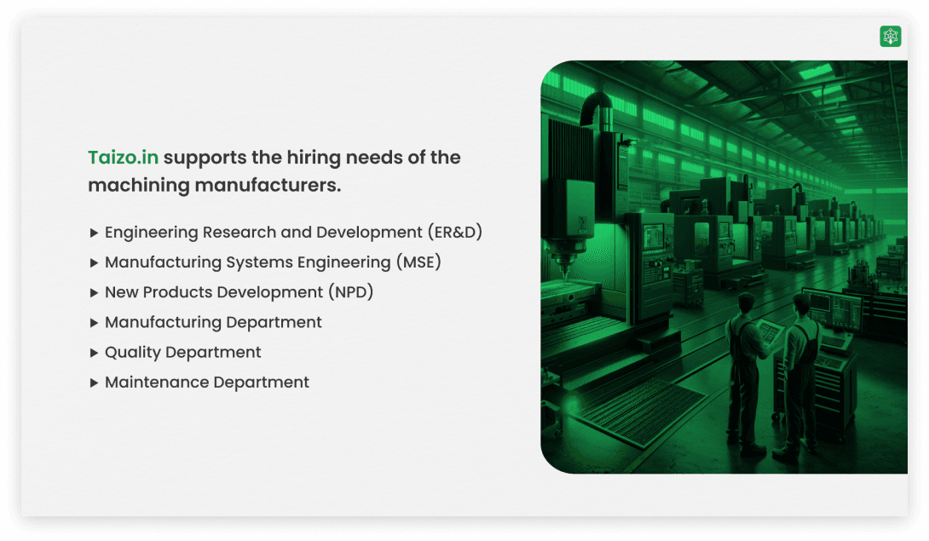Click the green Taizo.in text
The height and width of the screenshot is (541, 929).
click(x=124, y=157)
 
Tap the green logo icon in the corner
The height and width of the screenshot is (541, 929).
click(x=890, y=36)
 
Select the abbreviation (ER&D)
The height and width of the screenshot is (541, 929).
click(x=455, y=232)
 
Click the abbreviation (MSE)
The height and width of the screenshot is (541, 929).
click(x=418, y=262)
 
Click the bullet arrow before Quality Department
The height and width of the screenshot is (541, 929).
click(x=94, y=353)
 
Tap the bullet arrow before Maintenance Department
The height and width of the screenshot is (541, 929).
click(x=94, y=383)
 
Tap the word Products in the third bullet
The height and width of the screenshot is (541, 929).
click(x=177, y=292)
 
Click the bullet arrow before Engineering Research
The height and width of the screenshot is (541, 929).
click(x=94, y=233)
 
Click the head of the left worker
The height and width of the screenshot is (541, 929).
click(x=746, y=302)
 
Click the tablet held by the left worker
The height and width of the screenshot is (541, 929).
click(x=769, y=331)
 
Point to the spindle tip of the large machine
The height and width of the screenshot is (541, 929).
click(x=565, y=273)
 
